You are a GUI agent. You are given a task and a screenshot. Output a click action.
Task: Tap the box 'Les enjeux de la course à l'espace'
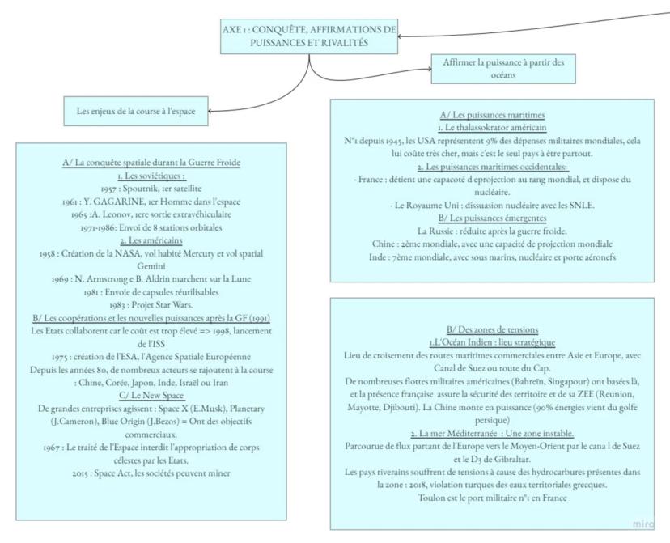135,111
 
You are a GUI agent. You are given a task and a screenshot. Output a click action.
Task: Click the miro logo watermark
642,523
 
